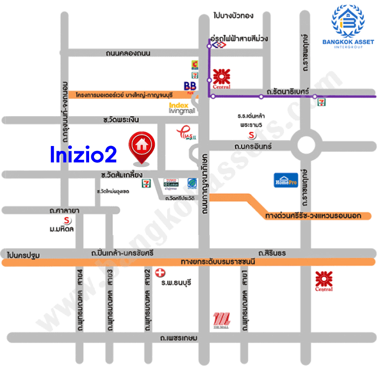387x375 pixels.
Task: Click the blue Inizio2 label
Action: coord(83,154)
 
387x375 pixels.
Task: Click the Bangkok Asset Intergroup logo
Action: coord(348,27)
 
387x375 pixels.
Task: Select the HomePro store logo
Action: coord(285,180)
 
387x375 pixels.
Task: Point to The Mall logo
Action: coord(221,320)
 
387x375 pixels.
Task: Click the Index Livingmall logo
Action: coord(182,108)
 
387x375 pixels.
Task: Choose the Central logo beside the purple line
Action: coord(221,79)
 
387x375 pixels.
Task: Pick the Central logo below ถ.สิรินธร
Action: coord(324,280)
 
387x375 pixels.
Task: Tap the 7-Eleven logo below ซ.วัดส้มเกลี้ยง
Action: coord(145,183)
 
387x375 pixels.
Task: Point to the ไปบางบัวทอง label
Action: coord(233,16)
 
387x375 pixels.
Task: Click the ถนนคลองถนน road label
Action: coord(129,54)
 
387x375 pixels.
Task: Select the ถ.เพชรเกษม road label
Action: coord(180,338)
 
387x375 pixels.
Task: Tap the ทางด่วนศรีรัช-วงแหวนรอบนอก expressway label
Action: coord(313,216)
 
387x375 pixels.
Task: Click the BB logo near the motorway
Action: coord(190,85)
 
